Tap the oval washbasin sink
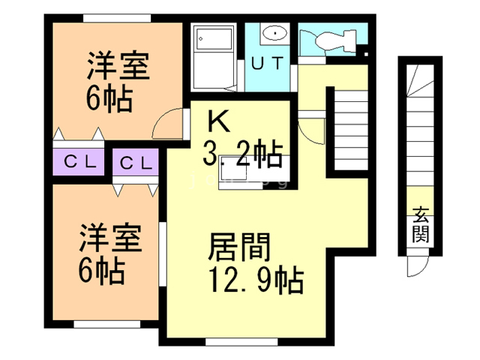pos(275,33)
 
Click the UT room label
pos(267,63)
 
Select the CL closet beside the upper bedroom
pos(79,162)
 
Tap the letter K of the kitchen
pos(218,121)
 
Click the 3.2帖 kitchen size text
pos(242,154)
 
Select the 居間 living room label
pos(239,247)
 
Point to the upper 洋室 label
pos(118,65)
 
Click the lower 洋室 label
pos(110,238)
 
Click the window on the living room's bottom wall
pos(241,341)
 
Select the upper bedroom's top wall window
pos(117,18)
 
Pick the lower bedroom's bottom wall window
pos(107,324)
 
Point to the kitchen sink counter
pos(254,172)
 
